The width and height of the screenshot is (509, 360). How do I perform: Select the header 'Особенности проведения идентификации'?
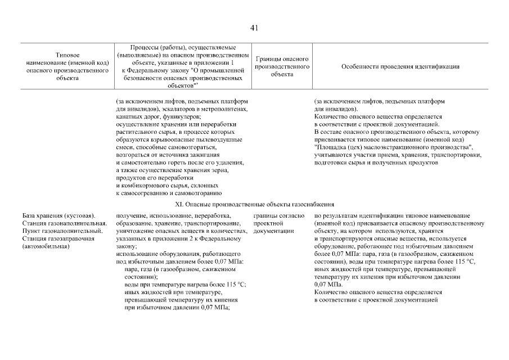[400, 66]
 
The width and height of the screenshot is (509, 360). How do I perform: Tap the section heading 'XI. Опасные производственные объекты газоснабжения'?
[254, 205]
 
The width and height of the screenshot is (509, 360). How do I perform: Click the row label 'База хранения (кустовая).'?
[59, 216]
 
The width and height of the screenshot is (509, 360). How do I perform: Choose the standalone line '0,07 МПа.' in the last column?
[328, 285]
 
